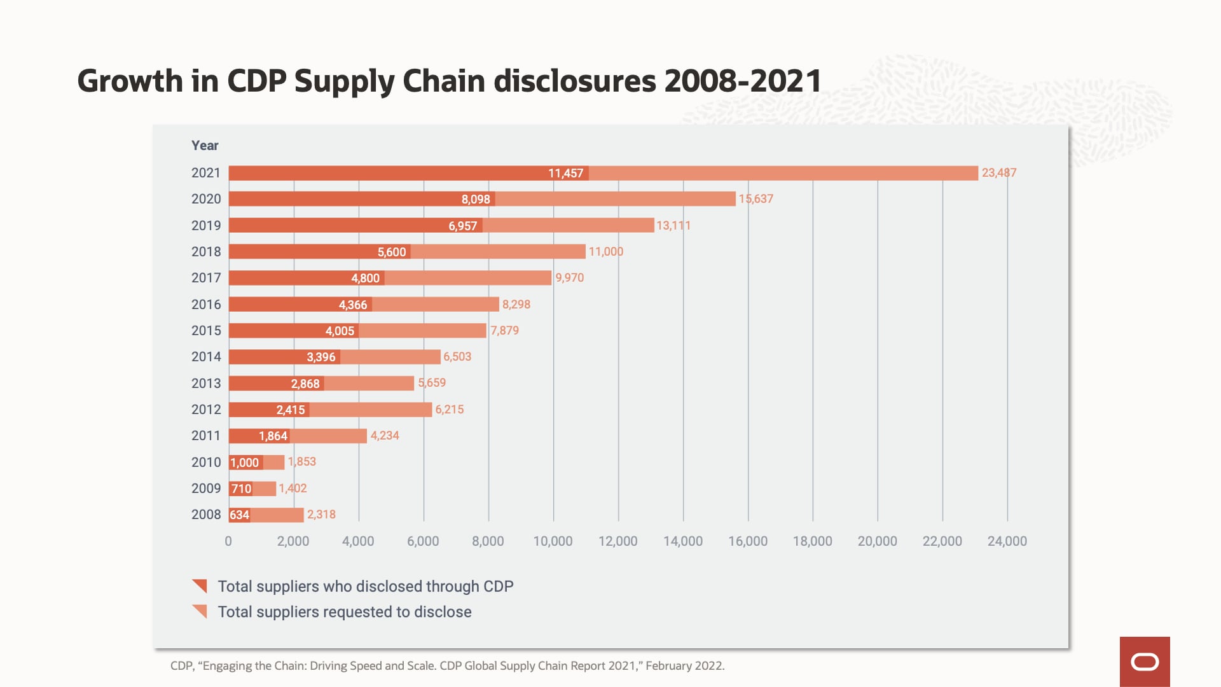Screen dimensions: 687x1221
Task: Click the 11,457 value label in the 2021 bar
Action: [565, 173]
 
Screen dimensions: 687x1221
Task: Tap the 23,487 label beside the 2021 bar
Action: [998, 172]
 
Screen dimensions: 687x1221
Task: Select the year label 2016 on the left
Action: [206, 305]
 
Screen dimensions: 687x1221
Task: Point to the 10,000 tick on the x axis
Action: [553, 541]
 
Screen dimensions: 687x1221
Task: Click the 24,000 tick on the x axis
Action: [1007, 541]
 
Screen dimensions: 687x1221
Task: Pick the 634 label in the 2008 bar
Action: [239, 515]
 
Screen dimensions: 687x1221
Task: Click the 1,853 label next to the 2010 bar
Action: [301, 462]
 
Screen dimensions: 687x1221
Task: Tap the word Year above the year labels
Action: [205, 146]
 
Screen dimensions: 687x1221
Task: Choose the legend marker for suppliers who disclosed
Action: [200, 586]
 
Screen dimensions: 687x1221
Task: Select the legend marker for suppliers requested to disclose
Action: [200, 611]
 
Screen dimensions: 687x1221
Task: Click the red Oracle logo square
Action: [1145, 662]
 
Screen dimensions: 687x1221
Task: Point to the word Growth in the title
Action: [130, 81]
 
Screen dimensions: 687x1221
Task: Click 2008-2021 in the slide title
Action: [742, 81]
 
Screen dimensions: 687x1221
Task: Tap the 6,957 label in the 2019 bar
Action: [462, 226]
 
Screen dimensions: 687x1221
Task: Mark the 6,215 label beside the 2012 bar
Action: [449, 410]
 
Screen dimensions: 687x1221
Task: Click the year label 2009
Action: [206, 489]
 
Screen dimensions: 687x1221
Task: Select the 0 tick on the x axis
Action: [228, 541]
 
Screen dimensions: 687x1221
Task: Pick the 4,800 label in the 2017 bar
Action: [365, 278]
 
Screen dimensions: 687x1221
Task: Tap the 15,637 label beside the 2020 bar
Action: [755, 199]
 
